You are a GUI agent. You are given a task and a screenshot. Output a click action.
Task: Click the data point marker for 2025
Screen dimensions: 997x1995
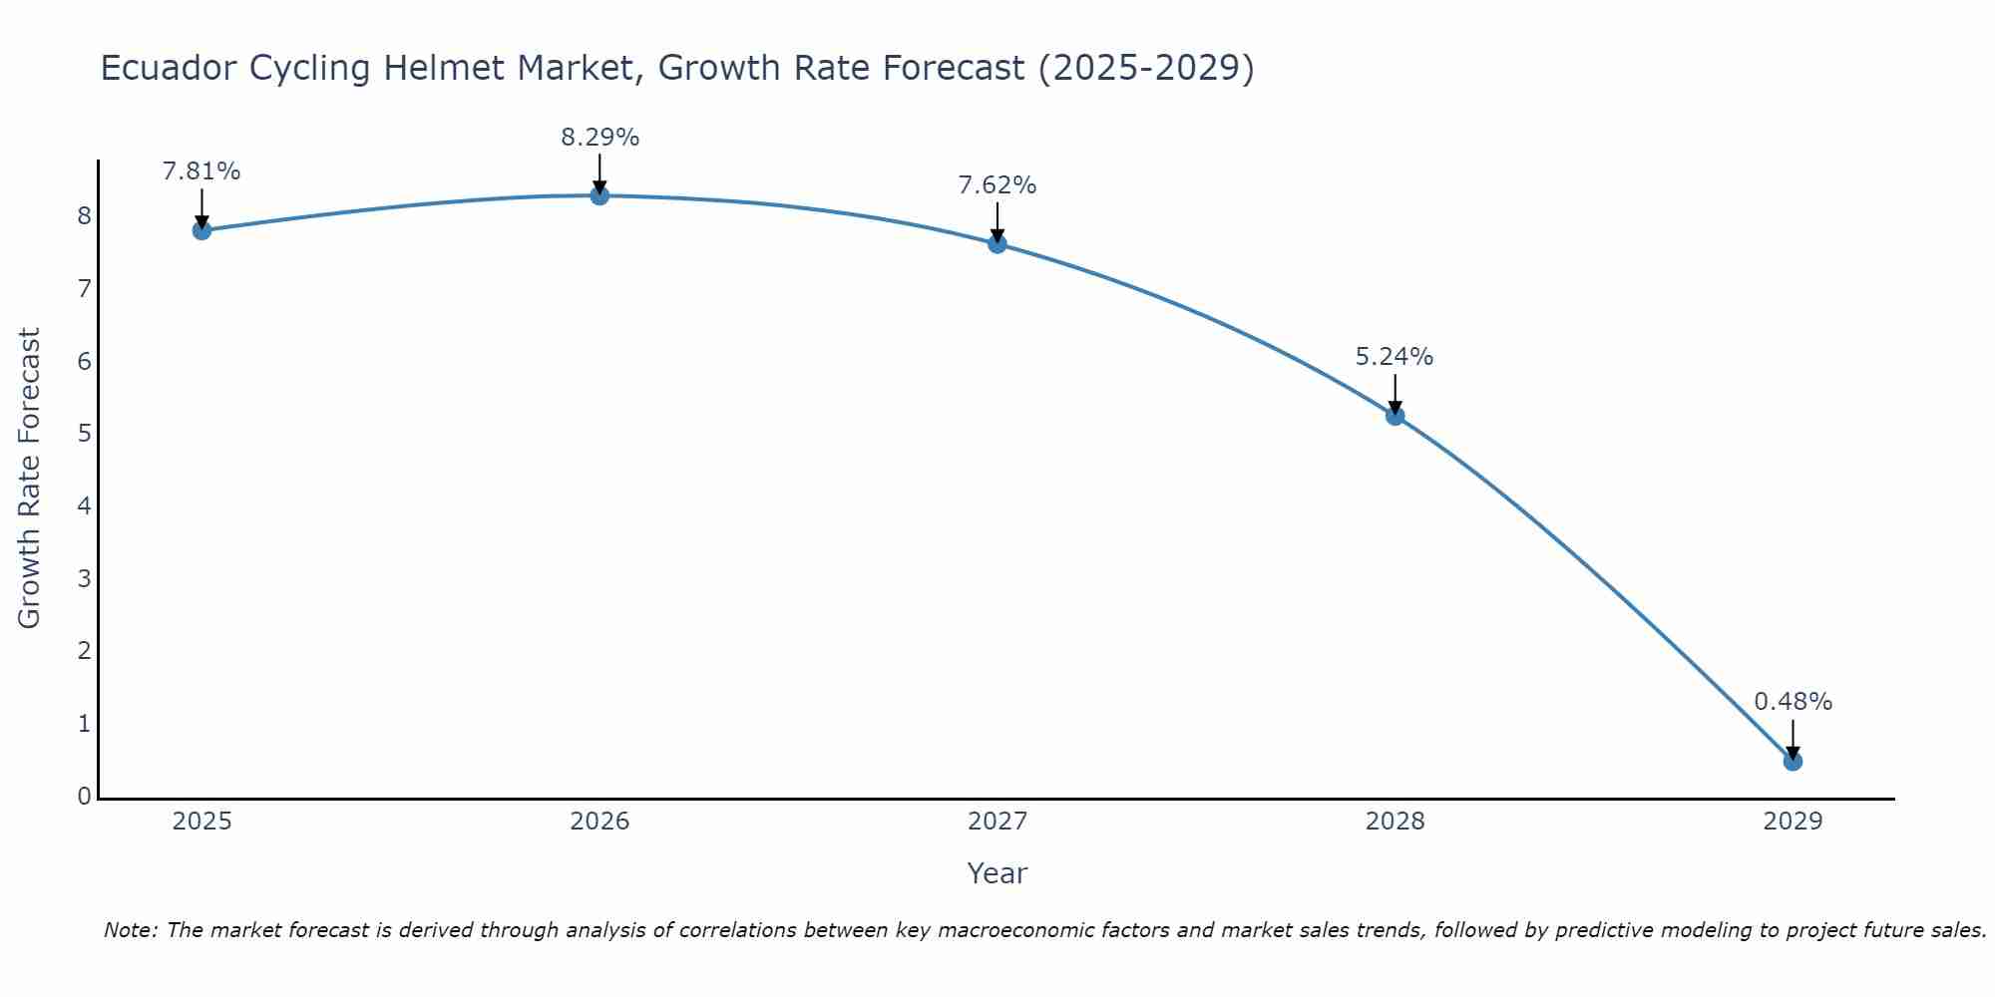point(201,230)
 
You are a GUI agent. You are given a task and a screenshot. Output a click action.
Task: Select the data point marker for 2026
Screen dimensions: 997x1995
point(599,195)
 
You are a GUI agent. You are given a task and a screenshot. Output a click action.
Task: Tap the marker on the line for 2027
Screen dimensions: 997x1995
point(997,243)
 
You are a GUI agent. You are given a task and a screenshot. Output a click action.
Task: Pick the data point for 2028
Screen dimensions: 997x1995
point(1396,416)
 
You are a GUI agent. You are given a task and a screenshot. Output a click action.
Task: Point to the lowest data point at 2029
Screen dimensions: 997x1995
point(1793,762)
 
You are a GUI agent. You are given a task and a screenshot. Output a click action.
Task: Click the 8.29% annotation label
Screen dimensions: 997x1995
point(599,138)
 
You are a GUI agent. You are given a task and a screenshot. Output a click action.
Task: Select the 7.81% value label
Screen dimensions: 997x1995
point(201,171)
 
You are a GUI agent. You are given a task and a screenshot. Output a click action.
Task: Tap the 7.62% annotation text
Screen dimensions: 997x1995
point(997,185)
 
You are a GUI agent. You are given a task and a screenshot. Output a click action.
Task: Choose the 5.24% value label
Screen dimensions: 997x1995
point(1395,357)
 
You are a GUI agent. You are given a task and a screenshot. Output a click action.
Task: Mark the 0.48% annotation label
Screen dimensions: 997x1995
point(1793,702)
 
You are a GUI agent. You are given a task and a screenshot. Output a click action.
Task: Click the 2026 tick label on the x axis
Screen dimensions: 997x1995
point(599,822)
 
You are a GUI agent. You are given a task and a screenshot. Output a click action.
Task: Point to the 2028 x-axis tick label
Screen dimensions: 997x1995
point(1396,822)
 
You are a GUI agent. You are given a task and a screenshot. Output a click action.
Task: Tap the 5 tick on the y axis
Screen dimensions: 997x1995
point(85,434)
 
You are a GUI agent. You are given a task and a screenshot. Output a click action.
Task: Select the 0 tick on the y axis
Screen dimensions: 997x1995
point(85,797)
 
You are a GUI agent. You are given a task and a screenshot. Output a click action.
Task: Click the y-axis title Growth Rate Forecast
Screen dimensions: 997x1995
point(30,479)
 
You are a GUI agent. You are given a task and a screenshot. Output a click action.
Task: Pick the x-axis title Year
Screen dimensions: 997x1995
point(997,873)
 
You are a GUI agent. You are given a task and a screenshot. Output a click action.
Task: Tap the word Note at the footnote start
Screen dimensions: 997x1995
point(130,930)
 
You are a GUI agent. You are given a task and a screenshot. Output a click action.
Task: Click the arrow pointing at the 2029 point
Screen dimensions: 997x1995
point(1793,740)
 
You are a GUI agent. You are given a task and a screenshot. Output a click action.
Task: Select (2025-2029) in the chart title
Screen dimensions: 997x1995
point(1146,68)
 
